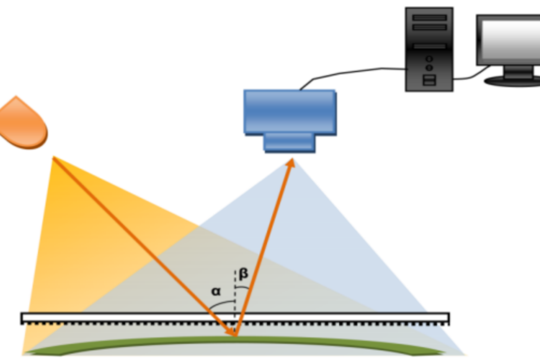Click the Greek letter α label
215,292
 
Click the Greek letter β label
243,274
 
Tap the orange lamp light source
23,123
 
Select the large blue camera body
290,112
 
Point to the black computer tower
429,49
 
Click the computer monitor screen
511,40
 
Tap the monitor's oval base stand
512,81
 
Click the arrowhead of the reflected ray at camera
291,162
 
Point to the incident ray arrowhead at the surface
231,331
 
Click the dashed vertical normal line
235,300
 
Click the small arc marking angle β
242,287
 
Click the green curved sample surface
235,341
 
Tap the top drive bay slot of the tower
429,17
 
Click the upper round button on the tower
429,59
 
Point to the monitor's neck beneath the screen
518,71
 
